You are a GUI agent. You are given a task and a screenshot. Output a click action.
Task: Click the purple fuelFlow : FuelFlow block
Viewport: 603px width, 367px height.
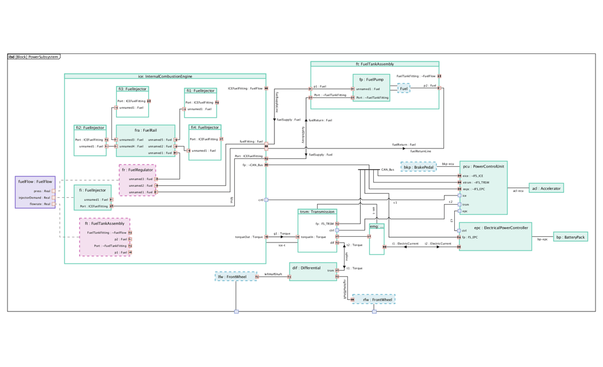coord(35,192)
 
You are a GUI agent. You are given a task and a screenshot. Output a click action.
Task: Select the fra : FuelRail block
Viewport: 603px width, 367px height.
coord(145,140)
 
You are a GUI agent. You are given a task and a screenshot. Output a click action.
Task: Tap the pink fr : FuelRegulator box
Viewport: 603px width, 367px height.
coord(137,180)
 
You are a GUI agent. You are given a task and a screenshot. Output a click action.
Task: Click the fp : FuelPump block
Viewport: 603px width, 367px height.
coord(371,87)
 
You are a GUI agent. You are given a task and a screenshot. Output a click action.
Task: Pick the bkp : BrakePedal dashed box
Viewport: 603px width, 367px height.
coord(418,167)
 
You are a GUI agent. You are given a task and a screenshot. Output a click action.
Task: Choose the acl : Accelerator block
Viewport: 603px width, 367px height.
coord(546,188)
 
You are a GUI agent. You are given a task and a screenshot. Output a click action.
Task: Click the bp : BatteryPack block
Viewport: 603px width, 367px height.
coord(570,237)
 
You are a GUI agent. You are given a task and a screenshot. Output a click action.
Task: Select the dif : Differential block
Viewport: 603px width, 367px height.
coord(312,272)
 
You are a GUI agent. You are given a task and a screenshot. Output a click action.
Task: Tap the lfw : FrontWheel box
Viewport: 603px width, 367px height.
coord(235,276)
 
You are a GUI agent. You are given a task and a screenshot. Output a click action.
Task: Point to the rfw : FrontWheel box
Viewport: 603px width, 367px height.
coord(374,299)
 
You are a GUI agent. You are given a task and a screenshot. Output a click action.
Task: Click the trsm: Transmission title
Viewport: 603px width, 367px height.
coord(317,212)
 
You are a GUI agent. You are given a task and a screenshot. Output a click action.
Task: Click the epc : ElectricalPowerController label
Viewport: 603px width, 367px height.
coord(495,228)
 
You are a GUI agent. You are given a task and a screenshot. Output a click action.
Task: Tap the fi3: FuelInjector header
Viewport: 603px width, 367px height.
coord(133,89)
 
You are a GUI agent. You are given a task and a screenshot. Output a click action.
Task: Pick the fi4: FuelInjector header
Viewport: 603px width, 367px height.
coord(204,127)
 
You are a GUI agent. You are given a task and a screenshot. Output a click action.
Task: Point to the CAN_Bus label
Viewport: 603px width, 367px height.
coord(388,170)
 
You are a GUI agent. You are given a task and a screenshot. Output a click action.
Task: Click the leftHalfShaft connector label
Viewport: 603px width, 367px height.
coord(273,274)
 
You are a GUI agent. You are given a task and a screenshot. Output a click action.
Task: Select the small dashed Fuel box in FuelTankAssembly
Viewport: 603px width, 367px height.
coord(404,88)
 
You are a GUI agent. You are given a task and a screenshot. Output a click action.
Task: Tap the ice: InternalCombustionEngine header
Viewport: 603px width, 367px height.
coord(165,76)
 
